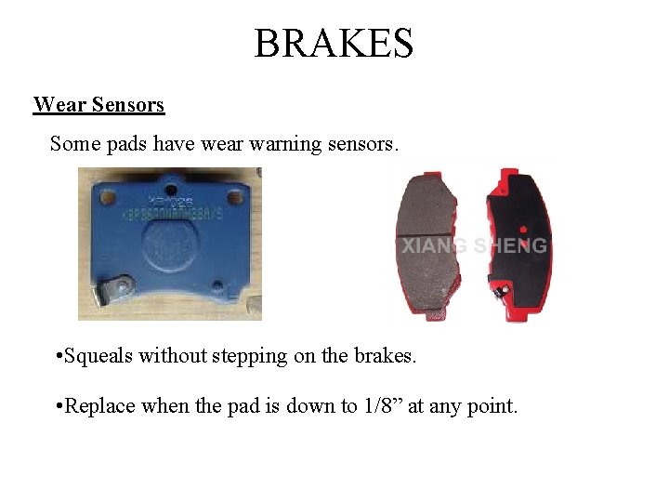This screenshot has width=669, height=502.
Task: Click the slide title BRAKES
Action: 334,43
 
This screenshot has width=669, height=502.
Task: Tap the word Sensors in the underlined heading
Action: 127,104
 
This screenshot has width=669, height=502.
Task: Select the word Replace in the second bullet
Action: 101,405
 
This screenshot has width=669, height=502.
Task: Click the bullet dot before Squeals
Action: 59,356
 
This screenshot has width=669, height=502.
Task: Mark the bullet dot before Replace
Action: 59,406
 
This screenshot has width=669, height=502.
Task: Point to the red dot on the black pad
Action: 522,229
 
